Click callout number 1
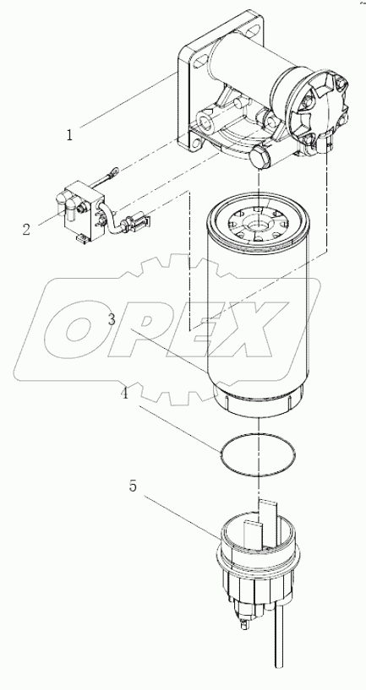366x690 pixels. tap(69, 133)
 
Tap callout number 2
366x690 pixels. tap(27, 229)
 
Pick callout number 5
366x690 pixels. tap(132, 487)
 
